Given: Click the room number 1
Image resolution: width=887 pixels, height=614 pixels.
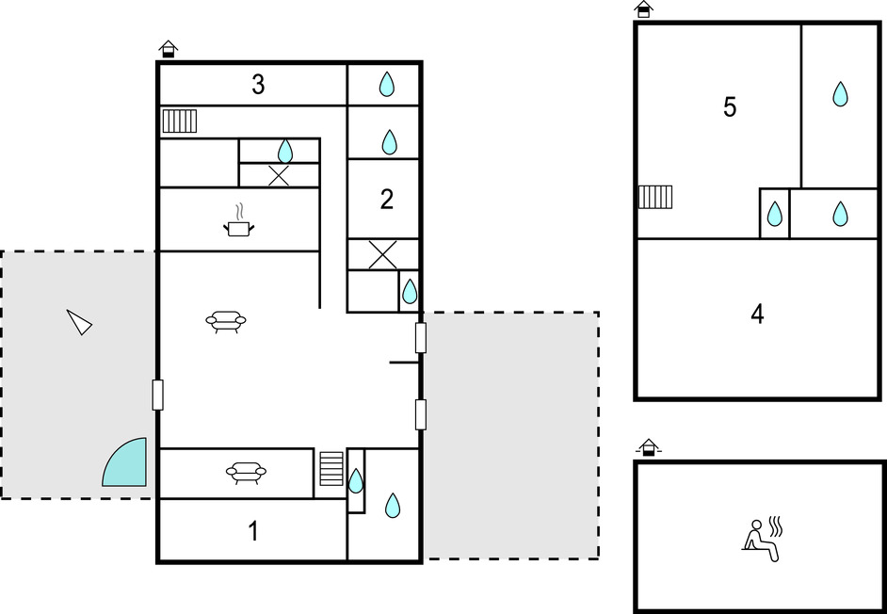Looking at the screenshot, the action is (254, 531).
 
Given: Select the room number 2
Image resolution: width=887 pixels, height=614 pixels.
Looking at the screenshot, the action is (386, 200).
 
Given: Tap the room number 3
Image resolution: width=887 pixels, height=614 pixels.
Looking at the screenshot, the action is (258, 85).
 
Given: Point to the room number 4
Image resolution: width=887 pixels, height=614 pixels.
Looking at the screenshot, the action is (757, 315).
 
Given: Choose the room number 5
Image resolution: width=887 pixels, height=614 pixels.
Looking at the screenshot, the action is (730, 107).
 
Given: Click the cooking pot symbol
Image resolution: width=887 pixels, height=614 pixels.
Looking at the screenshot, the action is (238, 221).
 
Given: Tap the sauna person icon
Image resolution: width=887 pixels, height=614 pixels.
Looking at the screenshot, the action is (763, 538).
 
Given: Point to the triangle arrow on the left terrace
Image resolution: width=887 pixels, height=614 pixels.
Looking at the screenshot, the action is (79, 322).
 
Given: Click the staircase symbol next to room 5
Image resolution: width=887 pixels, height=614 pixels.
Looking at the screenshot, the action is (655, 197).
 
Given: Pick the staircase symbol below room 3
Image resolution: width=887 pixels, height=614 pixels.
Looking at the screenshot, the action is (179, 121).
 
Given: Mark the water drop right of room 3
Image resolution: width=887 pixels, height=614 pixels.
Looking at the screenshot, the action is (386, 84).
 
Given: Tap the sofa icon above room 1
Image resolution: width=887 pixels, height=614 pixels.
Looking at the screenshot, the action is (246, 473).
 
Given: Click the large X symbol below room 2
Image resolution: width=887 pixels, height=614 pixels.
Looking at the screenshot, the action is (383, 254).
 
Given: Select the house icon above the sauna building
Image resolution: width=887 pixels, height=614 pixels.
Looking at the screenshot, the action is (649, 447).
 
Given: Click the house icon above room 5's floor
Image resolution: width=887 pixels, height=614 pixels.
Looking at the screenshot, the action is (644, 9).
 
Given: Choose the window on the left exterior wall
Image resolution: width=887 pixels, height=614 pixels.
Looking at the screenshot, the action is (158, 395).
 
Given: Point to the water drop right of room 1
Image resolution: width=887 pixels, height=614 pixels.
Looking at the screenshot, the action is (393, 506).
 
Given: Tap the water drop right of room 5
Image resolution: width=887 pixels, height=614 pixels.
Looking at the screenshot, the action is (840, 94).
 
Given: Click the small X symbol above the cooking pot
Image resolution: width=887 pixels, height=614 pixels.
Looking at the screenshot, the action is (279, 175).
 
